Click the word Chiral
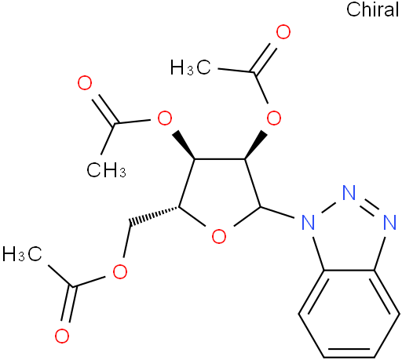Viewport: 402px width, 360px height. pos(372,9)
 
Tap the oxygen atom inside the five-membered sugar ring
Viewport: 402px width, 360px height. pos(219,236)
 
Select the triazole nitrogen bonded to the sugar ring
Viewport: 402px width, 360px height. pos(308,222)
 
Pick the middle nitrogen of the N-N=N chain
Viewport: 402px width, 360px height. pos(349,193)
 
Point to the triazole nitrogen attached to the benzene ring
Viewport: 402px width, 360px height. pos(389,222)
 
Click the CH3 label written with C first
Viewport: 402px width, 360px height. pos(106,169)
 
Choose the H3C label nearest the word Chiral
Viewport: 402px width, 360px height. pos(190,67)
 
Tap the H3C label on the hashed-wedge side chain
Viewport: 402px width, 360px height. pos(22,254)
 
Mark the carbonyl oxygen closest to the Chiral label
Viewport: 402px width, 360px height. pos(283,32)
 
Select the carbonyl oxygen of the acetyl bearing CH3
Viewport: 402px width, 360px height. pos(85,83)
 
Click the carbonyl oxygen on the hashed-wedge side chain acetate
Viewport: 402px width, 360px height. pos(62,336)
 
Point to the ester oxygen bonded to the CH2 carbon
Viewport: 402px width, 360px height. pos(120,271)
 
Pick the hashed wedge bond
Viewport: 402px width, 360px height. pos(154,216)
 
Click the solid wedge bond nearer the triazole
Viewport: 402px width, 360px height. pos(256,145)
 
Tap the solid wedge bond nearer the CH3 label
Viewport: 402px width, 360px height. pos(183,144)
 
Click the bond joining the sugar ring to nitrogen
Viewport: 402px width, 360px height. pos(277,212)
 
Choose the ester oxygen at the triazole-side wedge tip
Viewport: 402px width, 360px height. pos(274,118)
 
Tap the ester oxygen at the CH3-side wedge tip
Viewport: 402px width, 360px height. pos(165,118)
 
